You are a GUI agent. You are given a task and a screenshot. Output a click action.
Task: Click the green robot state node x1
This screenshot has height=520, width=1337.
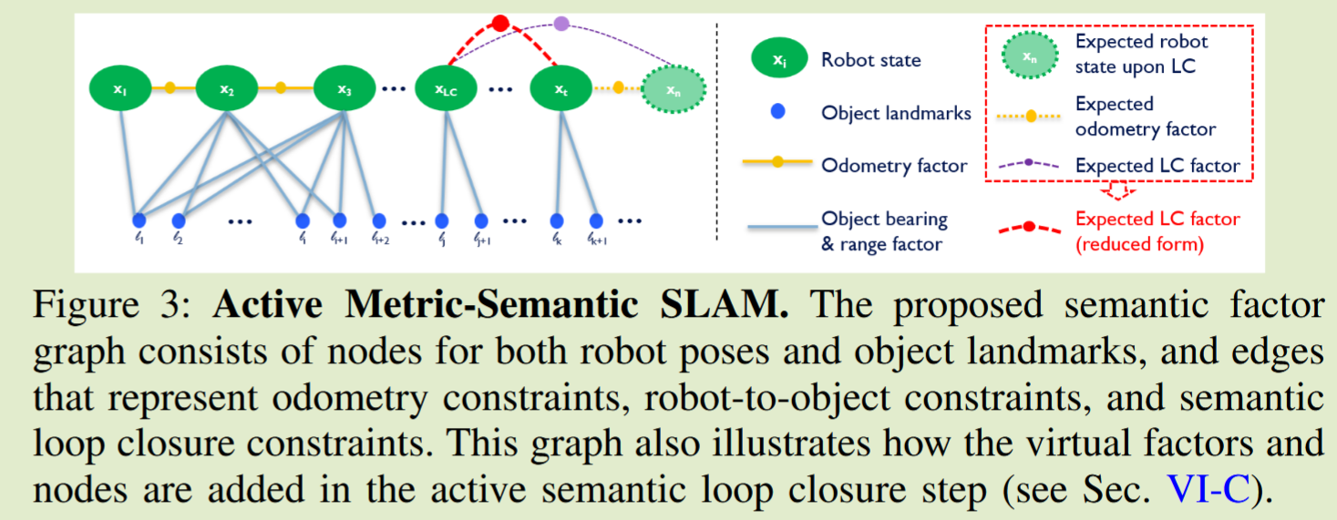[119, 89]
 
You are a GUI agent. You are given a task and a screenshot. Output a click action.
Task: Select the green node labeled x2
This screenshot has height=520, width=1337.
[227, 89]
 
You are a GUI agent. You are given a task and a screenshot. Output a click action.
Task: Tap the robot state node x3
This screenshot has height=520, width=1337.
[344, 89]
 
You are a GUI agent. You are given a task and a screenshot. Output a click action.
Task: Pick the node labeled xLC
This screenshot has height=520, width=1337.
[446, 89]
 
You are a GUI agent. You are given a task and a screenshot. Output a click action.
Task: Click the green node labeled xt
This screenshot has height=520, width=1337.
[561, 89]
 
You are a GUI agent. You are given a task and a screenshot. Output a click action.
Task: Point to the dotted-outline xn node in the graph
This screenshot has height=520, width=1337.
[672, 89]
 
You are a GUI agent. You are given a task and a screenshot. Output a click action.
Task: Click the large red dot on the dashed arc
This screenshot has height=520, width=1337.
[499, 23]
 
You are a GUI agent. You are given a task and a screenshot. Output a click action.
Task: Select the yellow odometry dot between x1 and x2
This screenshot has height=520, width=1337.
[170, 88]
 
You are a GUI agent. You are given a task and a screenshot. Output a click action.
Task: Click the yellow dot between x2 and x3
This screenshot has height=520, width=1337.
[281, 88]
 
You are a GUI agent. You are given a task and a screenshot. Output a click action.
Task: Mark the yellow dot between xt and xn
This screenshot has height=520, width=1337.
[619, 88]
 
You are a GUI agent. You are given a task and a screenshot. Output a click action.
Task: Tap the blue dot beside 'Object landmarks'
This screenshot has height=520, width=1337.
[776, 113]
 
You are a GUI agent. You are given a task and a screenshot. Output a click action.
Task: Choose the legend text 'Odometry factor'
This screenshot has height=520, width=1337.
[894, 166]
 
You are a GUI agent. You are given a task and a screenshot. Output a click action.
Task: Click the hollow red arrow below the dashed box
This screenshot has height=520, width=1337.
[1117, 189]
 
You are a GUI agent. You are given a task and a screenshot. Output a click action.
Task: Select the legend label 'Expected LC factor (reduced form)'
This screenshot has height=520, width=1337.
[1157, 231]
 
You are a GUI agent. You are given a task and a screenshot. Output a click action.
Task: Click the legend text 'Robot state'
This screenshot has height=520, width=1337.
[870, 60]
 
